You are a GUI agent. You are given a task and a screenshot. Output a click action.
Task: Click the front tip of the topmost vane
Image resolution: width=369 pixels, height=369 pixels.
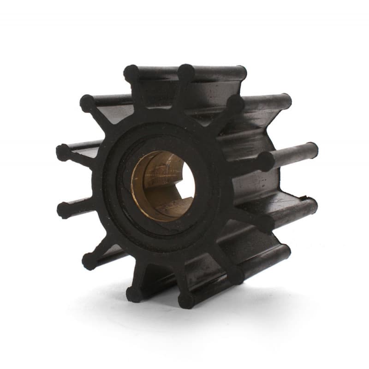186,71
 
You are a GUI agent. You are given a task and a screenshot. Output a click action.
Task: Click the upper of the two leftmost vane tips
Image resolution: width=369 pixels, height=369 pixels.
63,152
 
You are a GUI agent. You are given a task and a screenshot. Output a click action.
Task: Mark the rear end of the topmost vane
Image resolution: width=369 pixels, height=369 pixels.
240,72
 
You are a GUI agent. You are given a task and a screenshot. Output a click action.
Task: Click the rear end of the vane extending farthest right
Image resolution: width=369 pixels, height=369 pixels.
312,149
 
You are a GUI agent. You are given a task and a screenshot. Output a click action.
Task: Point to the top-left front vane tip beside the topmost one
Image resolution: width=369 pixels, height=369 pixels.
131,72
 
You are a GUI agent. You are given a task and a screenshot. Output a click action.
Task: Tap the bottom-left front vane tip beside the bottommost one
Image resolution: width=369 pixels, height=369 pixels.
134,294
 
